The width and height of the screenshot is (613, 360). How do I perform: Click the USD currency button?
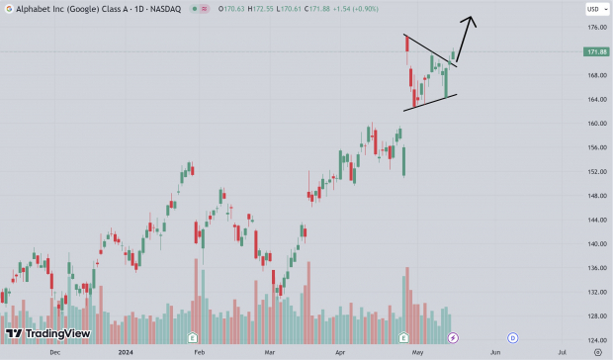593,9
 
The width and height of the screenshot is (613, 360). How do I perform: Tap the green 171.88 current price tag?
595,51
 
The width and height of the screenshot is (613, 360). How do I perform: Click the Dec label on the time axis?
54,351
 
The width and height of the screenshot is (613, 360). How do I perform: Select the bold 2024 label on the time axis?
126,351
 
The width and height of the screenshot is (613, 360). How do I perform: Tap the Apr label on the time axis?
341,351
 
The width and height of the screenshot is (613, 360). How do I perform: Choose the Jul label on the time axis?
562,351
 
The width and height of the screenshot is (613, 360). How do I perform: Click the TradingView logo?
48,334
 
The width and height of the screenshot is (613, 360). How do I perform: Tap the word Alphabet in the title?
23,9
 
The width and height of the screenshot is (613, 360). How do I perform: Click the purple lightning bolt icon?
453,338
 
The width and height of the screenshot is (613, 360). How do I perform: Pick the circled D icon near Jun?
513,338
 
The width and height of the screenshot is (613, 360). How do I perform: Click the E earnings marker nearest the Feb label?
193,338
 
